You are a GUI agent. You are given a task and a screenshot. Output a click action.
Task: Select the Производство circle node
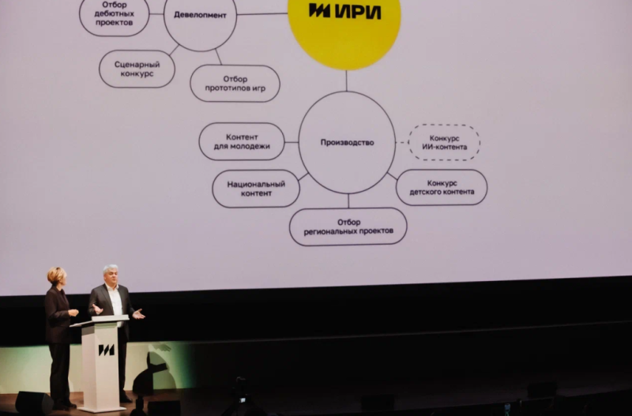347,142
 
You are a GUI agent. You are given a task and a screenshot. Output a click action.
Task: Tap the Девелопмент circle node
200,16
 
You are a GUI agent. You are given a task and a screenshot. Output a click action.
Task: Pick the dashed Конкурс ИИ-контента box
444,143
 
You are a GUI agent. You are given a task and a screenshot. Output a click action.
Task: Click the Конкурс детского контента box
442,187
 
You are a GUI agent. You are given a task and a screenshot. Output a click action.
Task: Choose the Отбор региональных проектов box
348,227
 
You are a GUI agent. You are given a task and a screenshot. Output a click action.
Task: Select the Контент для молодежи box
242,142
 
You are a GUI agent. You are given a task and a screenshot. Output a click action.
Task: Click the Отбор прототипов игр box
235,84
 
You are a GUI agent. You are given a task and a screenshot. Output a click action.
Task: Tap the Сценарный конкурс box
136,69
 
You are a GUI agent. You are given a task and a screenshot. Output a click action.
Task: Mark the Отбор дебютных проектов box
114,17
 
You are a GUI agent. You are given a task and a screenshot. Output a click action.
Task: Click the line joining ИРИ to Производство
346,81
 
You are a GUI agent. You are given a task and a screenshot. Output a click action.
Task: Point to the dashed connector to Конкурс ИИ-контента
401,143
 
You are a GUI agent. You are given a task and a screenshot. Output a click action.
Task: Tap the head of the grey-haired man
111,274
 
